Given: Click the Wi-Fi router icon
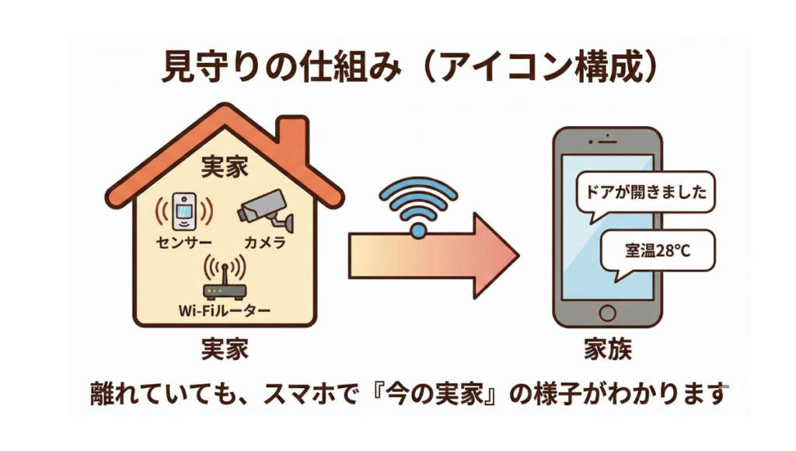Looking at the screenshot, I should click(x=224, y=281).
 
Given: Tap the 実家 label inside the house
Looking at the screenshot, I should click(x=225, y=166).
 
